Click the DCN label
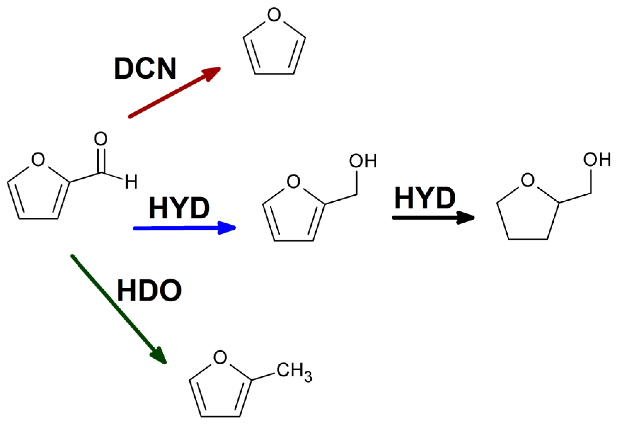(x=145, y=69)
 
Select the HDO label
(x=149, y=291)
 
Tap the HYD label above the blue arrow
(x=179, y=208)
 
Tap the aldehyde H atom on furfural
(x=131, y=182)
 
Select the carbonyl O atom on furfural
(x=100, y=139)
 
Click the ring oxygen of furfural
(x=38, y=159)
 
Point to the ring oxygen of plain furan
(x=274, y=15)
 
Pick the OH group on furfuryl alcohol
(x=363, y=161)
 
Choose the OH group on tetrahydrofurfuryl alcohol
(x=597, y=160)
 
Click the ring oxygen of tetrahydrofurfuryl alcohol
(x=527, y=180)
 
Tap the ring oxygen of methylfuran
(x=220, y=357)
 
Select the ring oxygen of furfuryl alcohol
(x=293, y=181)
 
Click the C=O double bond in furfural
(x=101, y=160)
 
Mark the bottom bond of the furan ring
(x=274, y=74)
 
